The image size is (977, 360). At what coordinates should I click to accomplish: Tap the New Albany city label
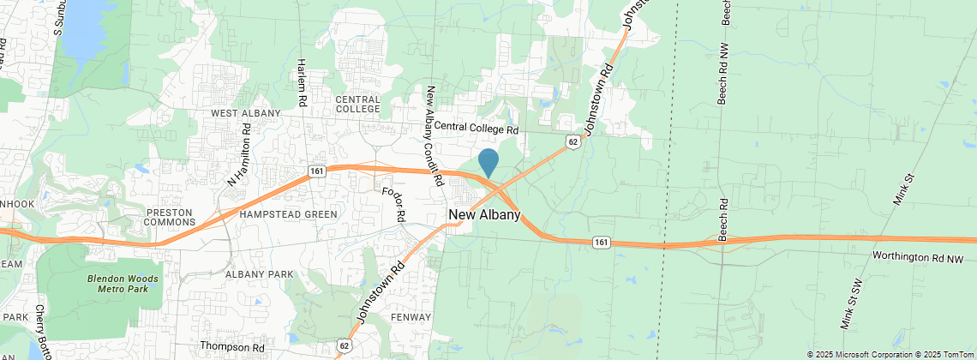coord(484,214)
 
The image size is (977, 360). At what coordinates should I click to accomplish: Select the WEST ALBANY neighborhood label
coord(246,113)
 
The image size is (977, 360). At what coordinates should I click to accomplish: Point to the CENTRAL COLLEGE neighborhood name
coord(357,104)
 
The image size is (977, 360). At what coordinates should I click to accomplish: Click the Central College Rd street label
coord(477,129)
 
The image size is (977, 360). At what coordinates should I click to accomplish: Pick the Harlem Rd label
coord(302,82)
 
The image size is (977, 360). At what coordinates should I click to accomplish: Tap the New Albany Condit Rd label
coord(433,135)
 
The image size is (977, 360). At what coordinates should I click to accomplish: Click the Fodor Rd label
coord(393,204)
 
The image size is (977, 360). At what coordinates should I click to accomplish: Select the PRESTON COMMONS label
coord(172,218)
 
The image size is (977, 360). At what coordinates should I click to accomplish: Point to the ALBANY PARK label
coord(259,274)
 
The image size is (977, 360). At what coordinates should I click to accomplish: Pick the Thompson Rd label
coord(232,347)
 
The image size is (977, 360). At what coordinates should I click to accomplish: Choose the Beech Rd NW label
coord(723,75)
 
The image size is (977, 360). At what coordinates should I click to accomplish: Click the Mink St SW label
coord(848,303)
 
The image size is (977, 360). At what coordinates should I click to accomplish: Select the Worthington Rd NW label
coord(918,257)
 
